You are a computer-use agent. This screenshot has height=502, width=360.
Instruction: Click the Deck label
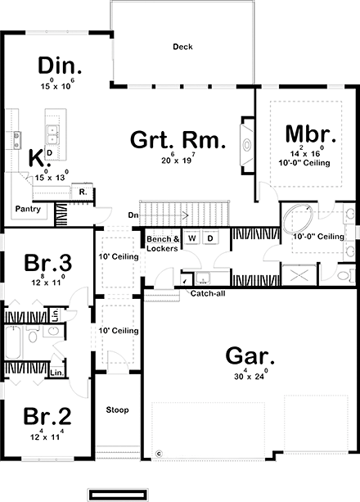(182, 47)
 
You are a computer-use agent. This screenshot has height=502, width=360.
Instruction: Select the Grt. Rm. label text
(177, 140)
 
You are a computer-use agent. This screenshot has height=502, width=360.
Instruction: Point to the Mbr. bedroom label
(306, 134)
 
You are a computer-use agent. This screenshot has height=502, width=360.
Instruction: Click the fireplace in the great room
(246, 145)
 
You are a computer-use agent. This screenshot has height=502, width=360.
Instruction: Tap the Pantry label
(29, 210)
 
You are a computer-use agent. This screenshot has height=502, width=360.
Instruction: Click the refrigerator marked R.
(83, 192)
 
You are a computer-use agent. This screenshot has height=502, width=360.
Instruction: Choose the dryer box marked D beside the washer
(209, 238)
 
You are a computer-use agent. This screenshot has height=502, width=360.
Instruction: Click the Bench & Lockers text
(161, 243)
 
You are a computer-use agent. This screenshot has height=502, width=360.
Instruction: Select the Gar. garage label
(249, 357)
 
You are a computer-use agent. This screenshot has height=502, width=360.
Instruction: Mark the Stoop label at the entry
(118, 409)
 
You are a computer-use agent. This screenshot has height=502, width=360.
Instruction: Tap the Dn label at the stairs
(133, 215)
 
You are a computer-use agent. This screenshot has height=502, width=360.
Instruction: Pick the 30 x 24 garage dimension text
(249, 378)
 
